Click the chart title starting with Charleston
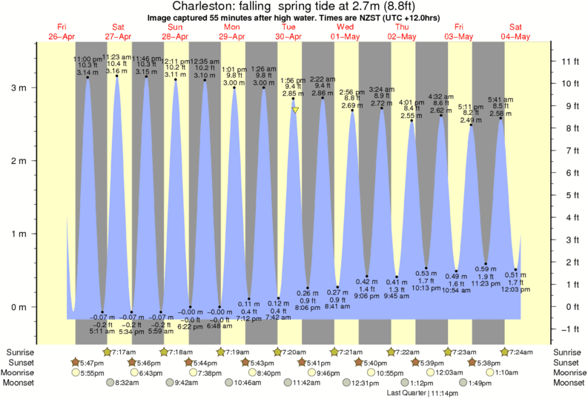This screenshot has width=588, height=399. (x=294, y=7)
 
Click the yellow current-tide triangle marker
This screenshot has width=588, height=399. (x=295, y=111)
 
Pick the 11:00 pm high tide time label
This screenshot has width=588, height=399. (x=87, y=59)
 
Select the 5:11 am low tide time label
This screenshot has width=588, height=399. (x=102, y=332)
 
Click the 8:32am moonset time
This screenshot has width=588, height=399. (x=128, y=383)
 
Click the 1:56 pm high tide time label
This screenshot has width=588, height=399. (x=294, y=80)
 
